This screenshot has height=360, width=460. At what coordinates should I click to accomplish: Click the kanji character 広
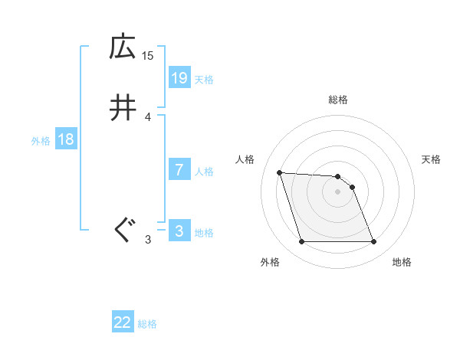click(x=122, y=47)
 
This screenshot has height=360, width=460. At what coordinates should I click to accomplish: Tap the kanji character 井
click(x=122, y=109)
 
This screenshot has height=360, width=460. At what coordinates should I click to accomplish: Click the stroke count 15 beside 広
click(x=148, y=55)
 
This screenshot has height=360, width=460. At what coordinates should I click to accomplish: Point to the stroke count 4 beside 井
click(x=148, y=116)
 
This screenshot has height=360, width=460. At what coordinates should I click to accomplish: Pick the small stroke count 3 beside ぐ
click(x=148, y=239)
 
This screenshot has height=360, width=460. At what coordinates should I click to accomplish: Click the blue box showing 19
click(x=179, y=78)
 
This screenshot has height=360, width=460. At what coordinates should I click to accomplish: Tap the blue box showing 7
click(x=179, y=170)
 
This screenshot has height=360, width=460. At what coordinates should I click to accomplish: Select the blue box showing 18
click(x=65, y=139)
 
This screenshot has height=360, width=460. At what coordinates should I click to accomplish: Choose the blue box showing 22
click(x=123, y=322)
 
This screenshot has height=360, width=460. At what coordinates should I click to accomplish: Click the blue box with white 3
click(x=179, y=231)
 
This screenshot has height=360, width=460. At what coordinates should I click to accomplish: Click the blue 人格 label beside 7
click(x=204, y=172)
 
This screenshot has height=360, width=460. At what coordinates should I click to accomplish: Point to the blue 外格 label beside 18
click(x=41, y=141)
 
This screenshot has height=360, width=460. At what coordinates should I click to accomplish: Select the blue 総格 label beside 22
click(x=147, y=324)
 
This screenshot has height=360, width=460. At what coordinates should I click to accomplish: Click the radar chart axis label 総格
click(x=338, y=100)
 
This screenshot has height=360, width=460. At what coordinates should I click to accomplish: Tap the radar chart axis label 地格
click(x=402, y=263)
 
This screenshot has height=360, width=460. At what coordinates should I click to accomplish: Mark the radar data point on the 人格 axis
click(x=280, y=172)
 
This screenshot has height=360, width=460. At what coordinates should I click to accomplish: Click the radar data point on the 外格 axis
click(x=301, y=242)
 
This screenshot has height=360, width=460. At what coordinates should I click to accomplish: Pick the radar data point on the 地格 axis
click(x=373, y=242)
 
